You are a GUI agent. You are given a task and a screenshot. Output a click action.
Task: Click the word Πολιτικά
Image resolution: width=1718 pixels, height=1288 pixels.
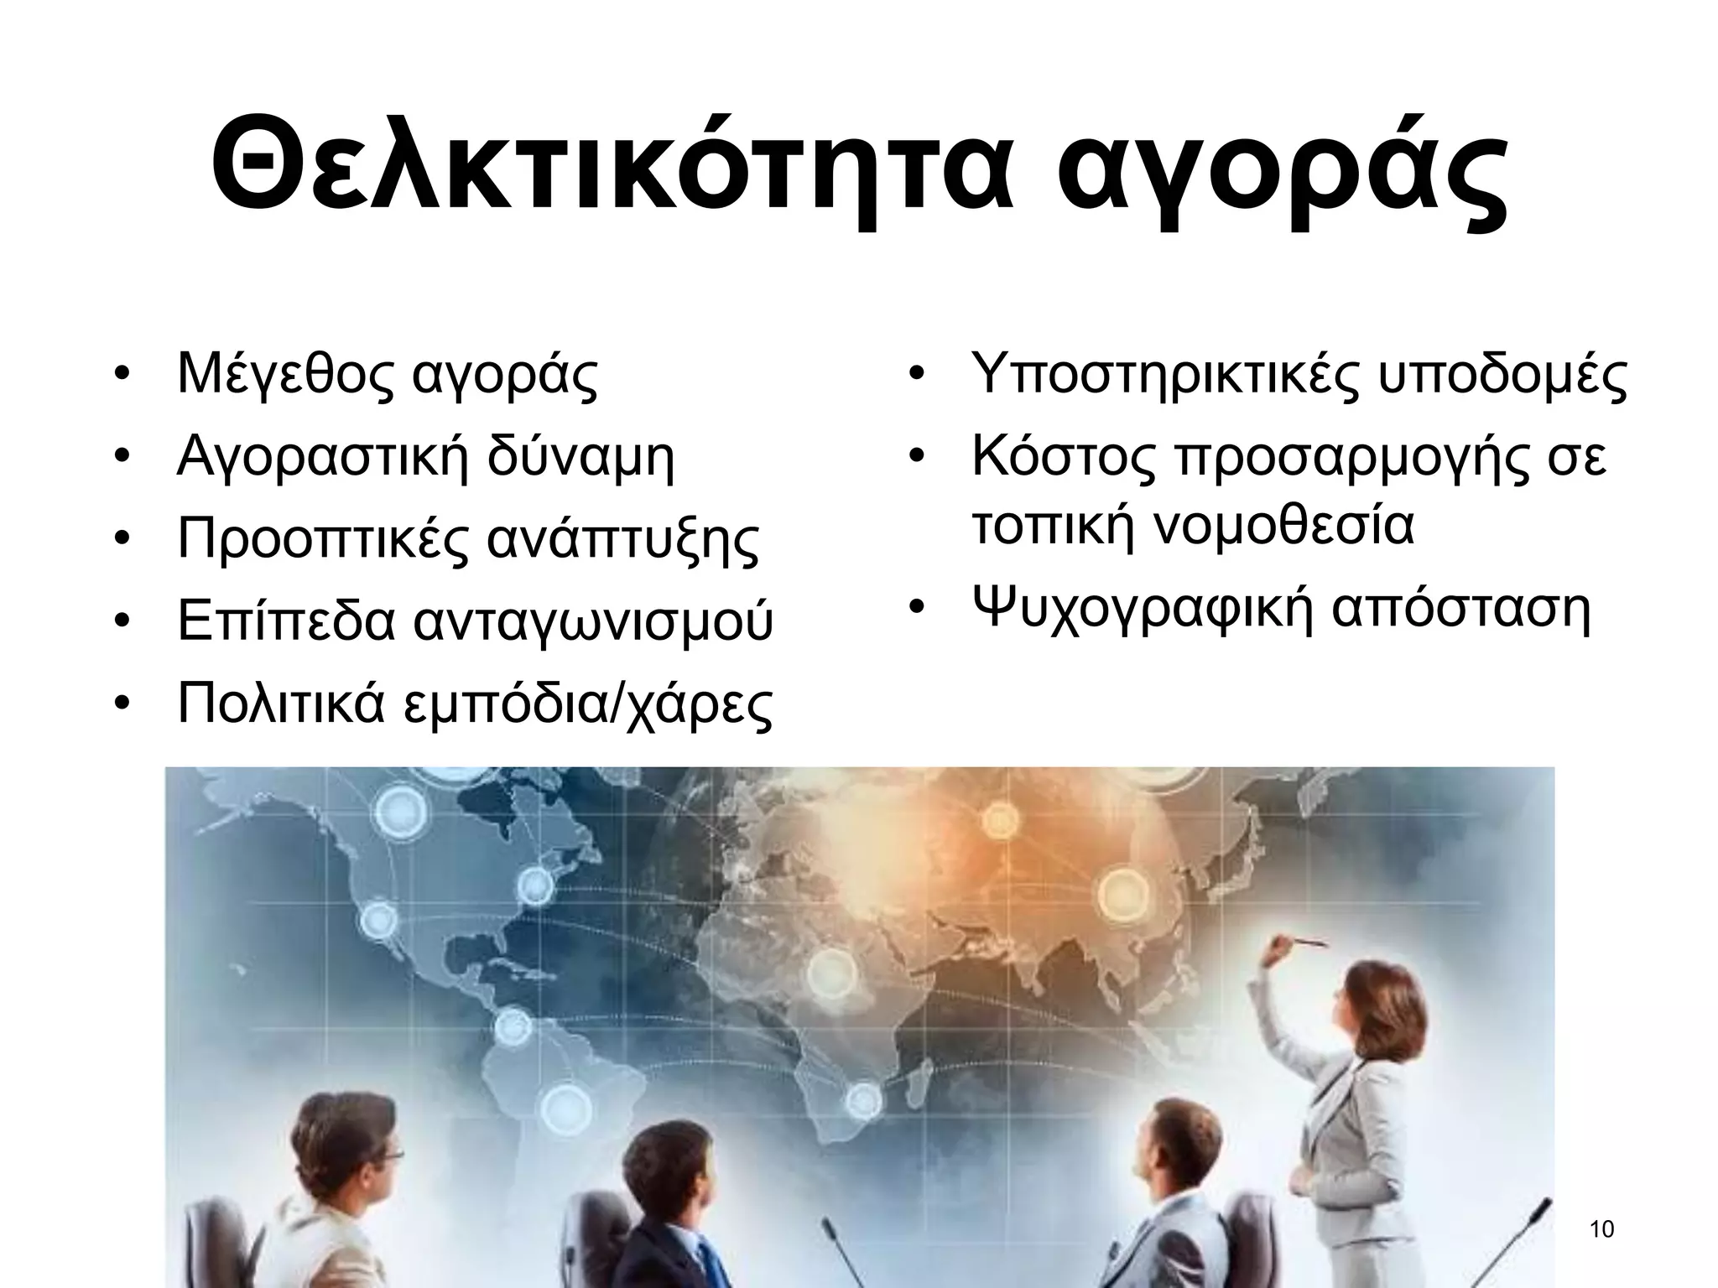tap(281, 704)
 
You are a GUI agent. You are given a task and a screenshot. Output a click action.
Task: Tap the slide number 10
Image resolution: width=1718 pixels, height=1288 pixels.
tap(1601, 1230)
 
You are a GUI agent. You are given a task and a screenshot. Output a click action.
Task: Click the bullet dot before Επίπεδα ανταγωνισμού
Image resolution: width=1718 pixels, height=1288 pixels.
tap(122, 623)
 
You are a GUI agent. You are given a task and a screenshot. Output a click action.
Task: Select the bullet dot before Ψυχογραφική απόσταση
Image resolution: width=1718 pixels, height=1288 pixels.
tap(917, 607)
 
